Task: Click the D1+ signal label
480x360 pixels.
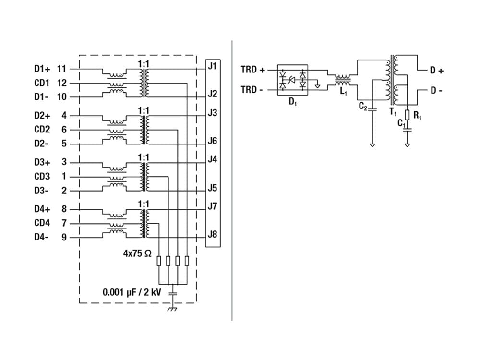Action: (42, 69)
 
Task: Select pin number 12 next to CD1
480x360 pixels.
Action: (61, 83)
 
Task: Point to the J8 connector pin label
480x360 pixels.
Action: (213, 235)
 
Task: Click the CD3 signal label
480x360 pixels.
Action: (42, 177)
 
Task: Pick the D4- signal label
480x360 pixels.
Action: (41, 237)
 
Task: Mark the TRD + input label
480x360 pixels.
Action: (252, 70)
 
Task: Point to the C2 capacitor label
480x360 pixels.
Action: (363, 107)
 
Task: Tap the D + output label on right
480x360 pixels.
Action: (437, 71)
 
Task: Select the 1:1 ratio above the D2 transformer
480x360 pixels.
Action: (144, 110)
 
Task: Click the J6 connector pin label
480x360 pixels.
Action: (213, 141)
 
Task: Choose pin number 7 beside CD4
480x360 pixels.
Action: (64, 223)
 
